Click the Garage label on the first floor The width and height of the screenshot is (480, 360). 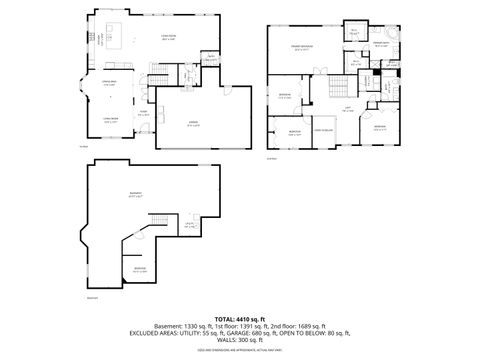click(193, 124)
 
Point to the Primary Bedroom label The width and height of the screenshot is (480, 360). click(300, 47)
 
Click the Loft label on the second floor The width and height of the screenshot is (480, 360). click(347, 110)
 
